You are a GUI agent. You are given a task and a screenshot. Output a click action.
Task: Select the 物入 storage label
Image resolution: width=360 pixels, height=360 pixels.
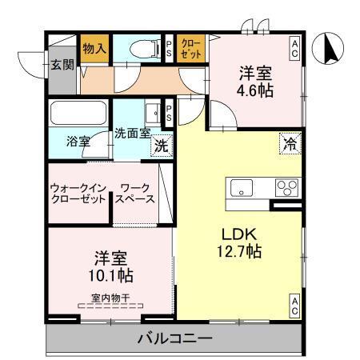point(94,48)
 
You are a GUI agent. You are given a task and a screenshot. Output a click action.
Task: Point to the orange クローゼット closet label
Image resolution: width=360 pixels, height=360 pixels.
point(191,48)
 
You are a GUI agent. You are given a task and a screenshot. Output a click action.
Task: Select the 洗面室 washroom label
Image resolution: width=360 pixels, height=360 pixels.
point(132,133)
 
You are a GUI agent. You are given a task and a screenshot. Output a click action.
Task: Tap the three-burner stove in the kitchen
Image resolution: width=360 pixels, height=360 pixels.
point(286,187)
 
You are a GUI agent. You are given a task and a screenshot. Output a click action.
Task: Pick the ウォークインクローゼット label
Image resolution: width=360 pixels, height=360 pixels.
point(78,193)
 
